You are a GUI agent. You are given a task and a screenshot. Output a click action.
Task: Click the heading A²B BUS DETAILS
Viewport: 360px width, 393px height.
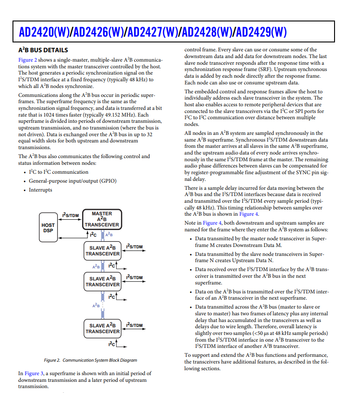point(43,50)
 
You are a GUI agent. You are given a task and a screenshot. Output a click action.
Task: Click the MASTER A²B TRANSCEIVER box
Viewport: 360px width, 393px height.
point(102,219)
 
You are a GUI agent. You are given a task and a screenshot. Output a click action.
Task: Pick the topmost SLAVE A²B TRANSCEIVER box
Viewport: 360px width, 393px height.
point(103,251)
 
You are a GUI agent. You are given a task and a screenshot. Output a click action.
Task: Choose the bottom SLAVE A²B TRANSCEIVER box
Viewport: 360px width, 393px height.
point(103,328)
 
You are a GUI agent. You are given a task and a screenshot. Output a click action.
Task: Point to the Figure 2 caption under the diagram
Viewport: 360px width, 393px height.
point(90,360)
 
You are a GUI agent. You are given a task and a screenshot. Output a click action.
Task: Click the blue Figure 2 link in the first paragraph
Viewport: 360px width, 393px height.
point(28,60)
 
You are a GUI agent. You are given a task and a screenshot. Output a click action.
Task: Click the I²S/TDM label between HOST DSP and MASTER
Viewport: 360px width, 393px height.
point(71,215)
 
